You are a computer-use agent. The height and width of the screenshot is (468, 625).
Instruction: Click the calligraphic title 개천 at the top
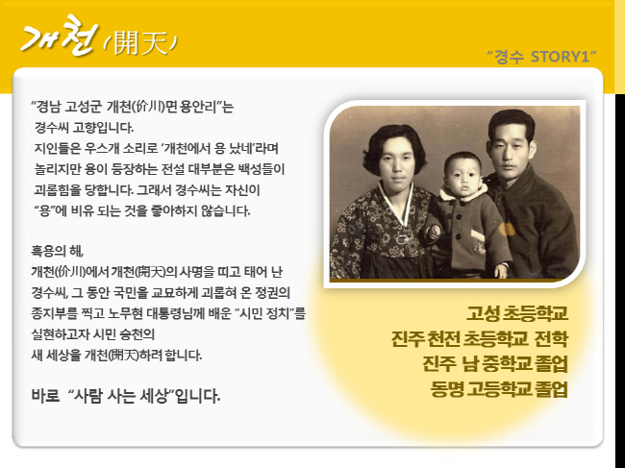(x=60, y=37)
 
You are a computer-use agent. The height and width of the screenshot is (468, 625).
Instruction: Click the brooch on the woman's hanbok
(x=402, y=239)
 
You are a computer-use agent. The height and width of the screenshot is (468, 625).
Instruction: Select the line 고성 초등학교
(x=517, y=313)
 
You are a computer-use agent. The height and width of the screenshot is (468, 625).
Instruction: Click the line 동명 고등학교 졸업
(x=499, y=389)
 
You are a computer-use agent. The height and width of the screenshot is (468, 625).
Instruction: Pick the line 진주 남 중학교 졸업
(x=494, y=364)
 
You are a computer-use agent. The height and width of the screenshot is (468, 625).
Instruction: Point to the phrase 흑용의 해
(x=58, y=252)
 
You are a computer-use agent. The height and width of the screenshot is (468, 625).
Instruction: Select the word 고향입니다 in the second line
(x=103, y=128)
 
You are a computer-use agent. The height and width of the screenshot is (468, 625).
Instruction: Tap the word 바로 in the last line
(x=45, y=396)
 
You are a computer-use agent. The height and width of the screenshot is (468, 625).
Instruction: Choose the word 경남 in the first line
(x=49, y=107)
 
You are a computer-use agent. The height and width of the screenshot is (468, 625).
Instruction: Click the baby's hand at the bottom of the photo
(x=500, y=271)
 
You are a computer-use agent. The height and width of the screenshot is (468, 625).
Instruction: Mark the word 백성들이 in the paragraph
(x=262, y=169)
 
